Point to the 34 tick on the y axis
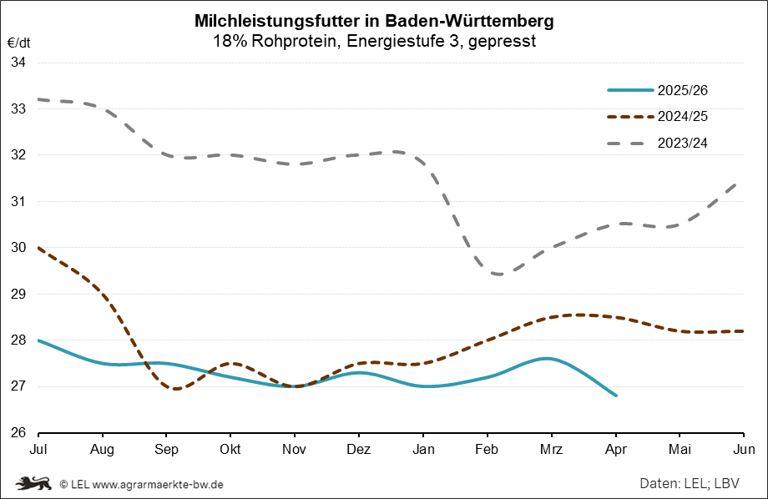[x=18, y=63]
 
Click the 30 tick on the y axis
[x=18, y=248]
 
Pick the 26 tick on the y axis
[x=18, y=433]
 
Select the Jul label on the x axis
[x=39, y=449]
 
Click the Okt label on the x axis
[x=230, y=449]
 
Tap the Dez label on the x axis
[x=358, y=449]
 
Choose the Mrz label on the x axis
[x=550, y=449]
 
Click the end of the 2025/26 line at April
[x=615, y=396]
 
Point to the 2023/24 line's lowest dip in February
[x=498, y=274]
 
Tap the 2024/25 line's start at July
[x=40, y=248]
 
